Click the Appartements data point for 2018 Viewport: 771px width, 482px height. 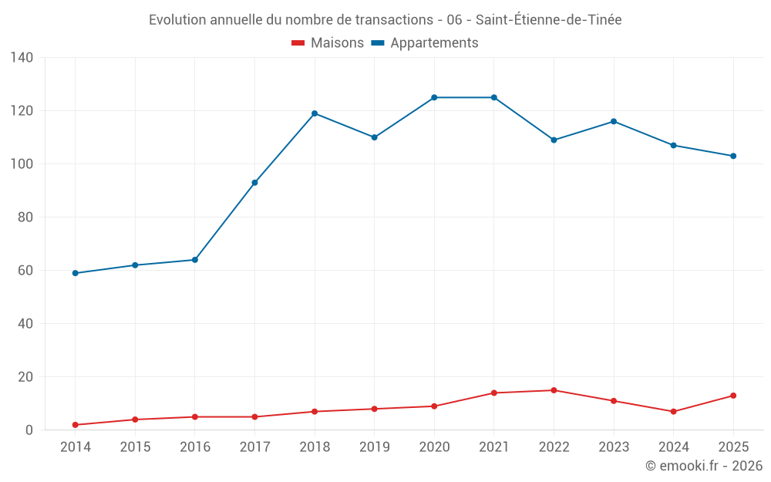point(315,113)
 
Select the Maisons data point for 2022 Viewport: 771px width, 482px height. point(554,390)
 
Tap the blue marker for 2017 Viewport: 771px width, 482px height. point(254,183)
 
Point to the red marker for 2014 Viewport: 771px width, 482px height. point(76,425)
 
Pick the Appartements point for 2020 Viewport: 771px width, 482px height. point(434,97)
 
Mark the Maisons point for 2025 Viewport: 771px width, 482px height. point(733,396)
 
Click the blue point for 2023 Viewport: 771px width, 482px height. point(614,122)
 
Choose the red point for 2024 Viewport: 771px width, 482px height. point(674,412)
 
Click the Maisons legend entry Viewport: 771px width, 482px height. point(328,42)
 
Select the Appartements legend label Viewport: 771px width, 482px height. point(434,42)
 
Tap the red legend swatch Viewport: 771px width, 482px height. point(298,42)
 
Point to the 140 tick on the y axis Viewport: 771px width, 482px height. point(22,58)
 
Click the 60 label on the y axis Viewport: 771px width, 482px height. point(25,271)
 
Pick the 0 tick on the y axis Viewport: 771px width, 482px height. point(29,430)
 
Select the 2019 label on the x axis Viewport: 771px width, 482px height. point(374,447)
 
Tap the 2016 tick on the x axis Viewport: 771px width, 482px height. point(195,447)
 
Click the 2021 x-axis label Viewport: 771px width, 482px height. point(493,447)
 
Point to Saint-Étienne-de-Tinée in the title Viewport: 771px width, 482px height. point(548,20)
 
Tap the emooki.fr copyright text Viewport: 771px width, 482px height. point(704,465)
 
